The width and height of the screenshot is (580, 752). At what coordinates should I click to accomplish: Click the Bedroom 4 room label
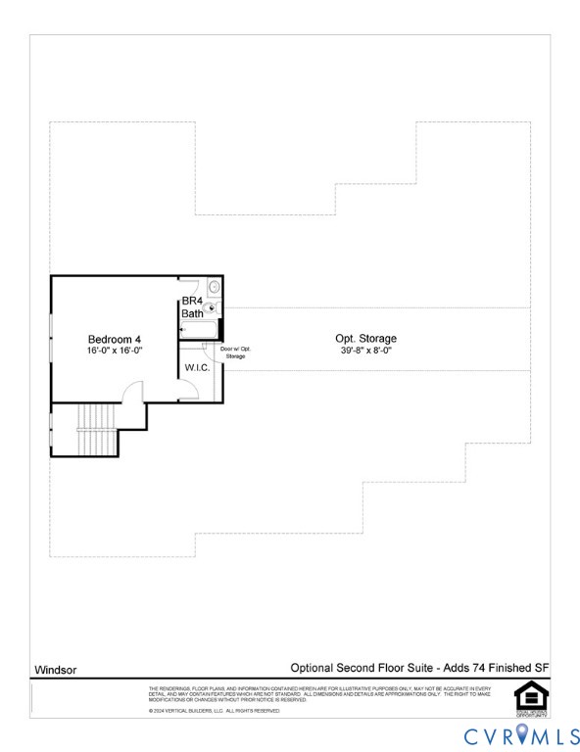[115, 340]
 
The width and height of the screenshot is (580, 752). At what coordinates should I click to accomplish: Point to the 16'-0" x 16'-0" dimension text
[115, 351]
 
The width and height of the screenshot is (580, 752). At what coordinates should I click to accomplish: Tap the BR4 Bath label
[192, 307]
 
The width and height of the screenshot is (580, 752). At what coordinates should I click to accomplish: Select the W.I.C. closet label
[197, 368]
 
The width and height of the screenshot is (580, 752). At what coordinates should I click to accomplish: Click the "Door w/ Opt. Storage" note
[235, 352]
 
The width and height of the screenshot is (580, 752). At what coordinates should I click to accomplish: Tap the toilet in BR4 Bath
[214, 307]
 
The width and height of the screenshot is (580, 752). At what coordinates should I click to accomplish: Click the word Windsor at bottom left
[56, 671]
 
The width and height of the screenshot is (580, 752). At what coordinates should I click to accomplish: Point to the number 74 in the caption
[476, 668]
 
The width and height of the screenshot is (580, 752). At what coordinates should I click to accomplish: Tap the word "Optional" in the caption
[312, 668]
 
